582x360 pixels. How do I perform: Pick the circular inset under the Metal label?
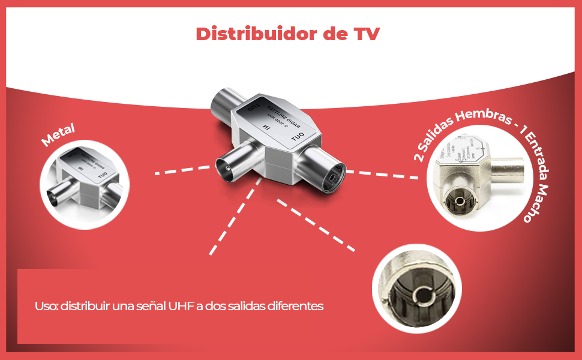80,181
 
